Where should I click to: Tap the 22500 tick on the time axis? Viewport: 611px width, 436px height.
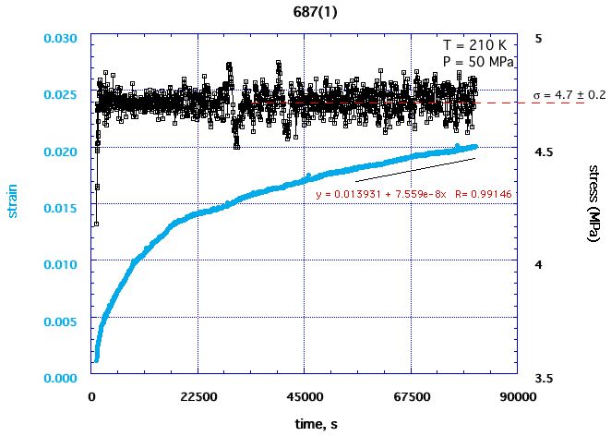(x=198, y=396)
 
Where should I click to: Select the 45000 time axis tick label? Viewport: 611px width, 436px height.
(x=305, y=396)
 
